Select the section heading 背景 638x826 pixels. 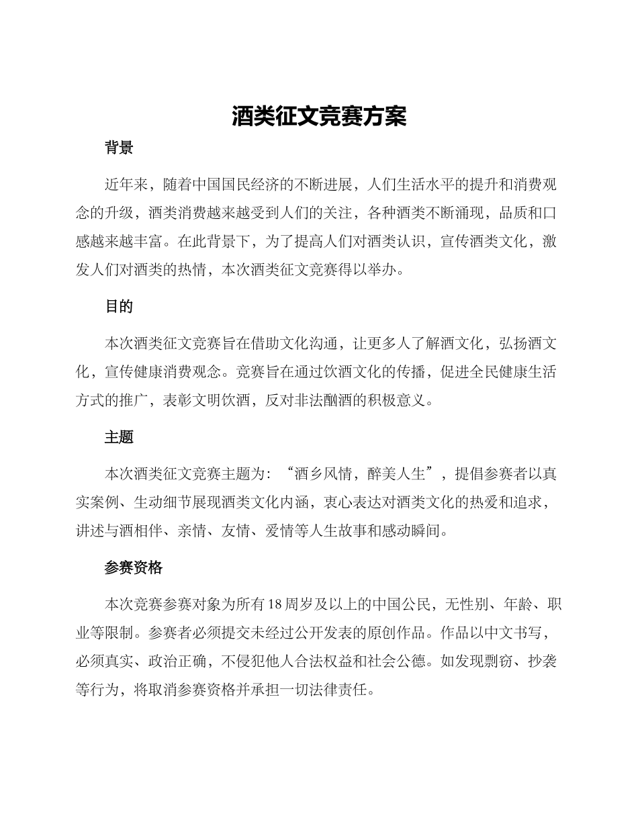click(119, 148)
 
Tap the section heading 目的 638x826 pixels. click(119, 307)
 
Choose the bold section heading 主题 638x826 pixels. click(119, 437)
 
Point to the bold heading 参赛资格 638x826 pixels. click(134, 568)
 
